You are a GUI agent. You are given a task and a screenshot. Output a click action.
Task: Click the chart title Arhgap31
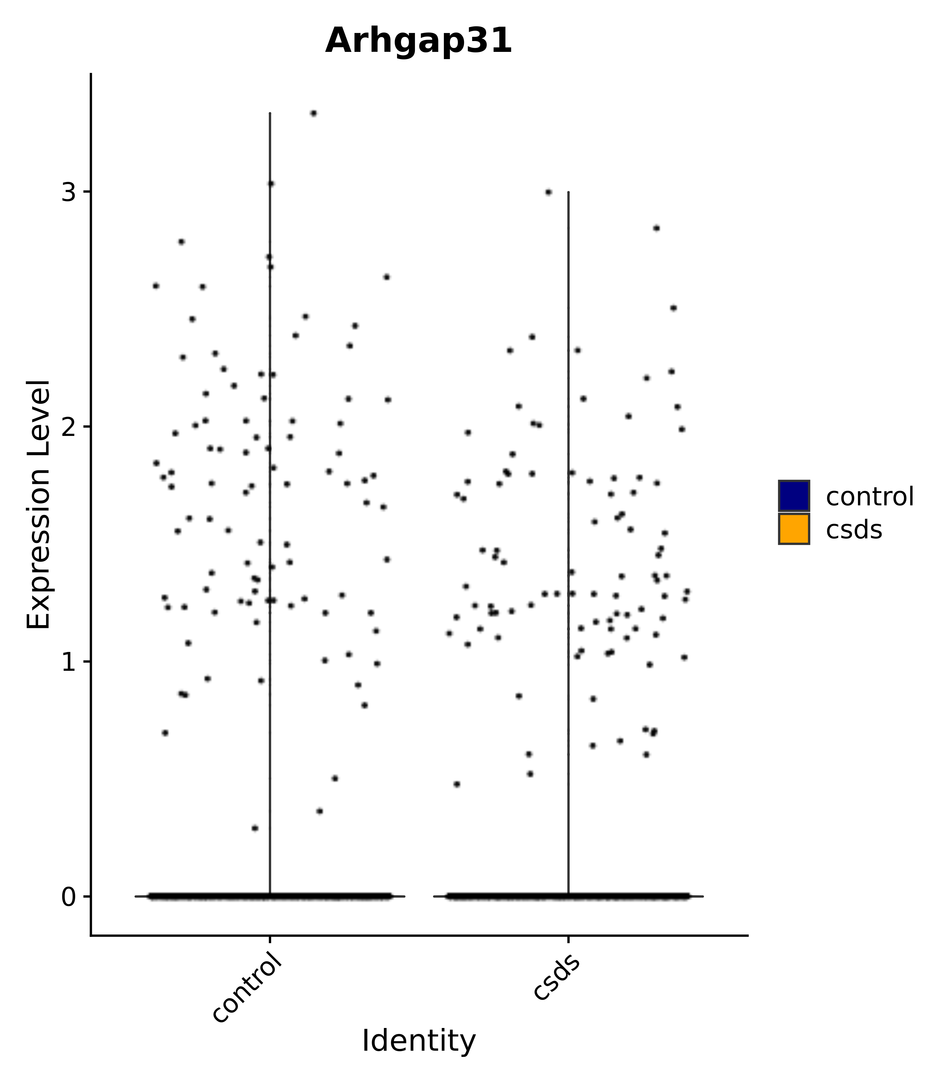[419, 41]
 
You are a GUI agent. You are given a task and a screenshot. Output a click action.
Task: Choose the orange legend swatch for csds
[793, 529]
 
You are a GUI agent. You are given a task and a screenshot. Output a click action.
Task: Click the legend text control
[869, 497]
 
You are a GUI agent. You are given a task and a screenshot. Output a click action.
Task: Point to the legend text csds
[854, 530]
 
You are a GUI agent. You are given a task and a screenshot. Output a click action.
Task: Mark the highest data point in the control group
[313, 113]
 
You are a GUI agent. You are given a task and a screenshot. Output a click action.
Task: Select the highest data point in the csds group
[548, 192]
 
